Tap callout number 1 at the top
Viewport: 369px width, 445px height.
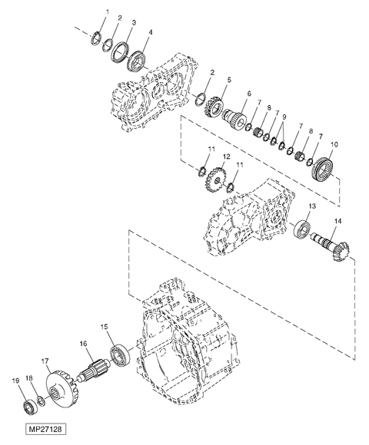pyautogui.click(x=107, y=12)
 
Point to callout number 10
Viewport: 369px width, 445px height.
pyautogui.click(x=334, y=144)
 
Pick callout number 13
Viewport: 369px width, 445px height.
pyautogui.click(x=312, y=207)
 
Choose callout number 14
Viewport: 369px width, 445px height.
pyautogui.click(x=336, y=222)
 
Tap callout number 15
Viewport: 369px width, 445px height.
pyautogui.click(x=105, y=326)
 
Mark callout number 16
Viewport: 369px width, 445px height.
pyautogui.click(x=82, y=345)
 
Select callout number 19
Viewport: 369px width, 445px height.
pyautogui.click(x=15, y=380)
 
